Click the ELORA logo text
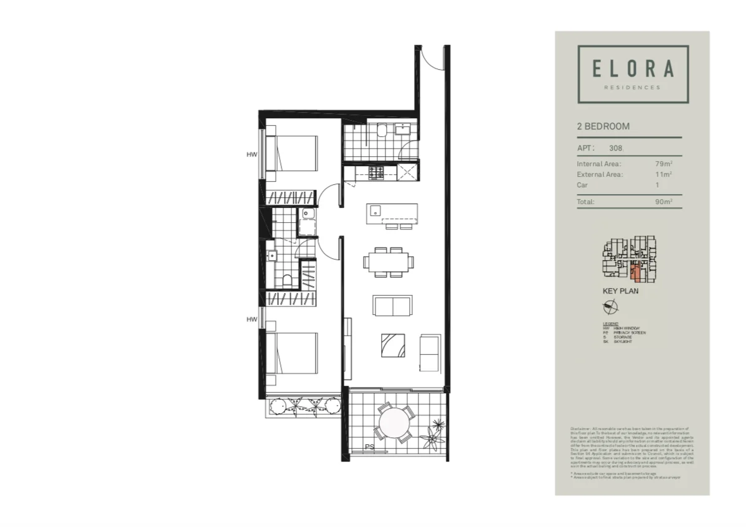(633, 68)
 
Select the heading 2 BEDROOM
(603, 126)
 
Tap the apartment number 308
(615, 148)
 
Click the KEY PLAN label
(620, 291)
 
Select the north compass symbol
(610, 306)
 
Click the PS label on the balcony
(369, 447)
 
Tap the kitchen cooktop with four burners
(377, 172)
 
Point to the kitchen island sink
(374, 210)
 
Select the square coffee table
(394, 345)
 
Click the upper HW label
(252, 155)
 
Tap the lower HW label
(252, 319)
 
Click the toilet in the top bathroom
(382, 130)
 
